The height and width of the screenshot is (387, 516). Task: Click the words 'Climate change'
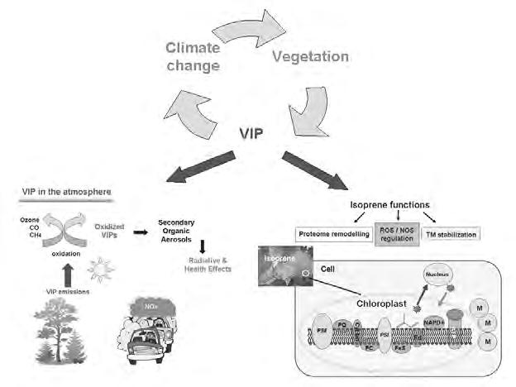point(193,56)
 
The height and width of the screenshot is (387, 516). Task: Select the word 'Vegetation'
point(310,57)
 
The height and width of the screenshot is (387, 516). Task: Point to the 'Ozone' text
point(31,218)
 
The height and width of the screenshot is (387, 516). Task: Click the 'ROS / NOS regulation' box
point(397,234)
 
